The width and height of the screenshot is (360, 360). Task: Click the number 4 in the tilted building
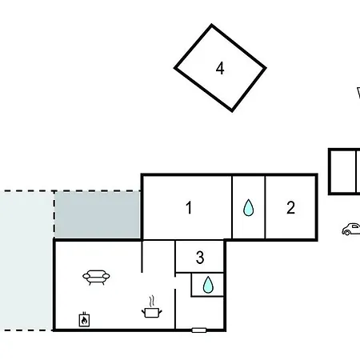pos(220,68)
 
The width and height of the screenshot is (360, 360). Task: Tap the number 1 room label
pos(189,207)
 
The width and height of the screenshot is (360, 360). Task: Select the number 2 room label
pos(290,207)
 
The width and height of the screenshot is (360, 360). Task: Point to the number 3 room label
pos(200,258)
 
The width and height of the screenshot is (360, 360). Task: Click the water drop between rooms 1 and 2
pos(249,208)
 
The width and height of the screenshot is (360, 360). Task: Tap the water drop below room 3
pos(208,285)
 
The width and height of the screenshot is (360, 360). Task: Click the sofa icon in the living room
pos(96,278)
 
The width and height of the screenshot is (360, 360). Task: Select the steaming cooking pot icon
pos(152,307)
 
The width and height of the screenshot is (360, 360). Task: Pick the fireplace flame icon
pos(84,319)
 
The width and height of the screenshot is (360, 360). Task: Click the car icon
pos(351,230)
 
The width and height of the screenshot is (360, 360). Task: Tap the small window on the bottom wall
pos(199,330)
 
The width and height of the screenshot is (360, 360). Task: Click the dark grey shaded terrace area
pos(98,214)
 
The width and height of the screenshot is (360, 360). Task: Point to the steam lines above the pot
pos(152,302)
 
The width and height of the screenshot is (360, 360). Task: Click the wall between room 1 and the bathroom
pos(232,207)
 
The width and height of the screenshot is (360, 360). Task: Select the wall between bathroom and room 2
pos(265,207)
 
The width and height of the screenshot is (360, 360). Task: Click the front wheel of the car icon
pos(346,233)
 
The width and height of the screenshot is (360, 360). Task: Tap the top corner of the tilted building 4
pos(212,25)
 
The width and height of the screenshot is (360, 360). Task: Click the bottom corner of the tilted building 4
pos(232,111)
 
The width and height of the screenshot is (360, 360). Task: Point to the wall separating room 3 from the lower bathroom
pos(199,273)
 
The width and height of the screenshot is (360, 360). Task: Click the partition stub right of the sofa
pos(142,257)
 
